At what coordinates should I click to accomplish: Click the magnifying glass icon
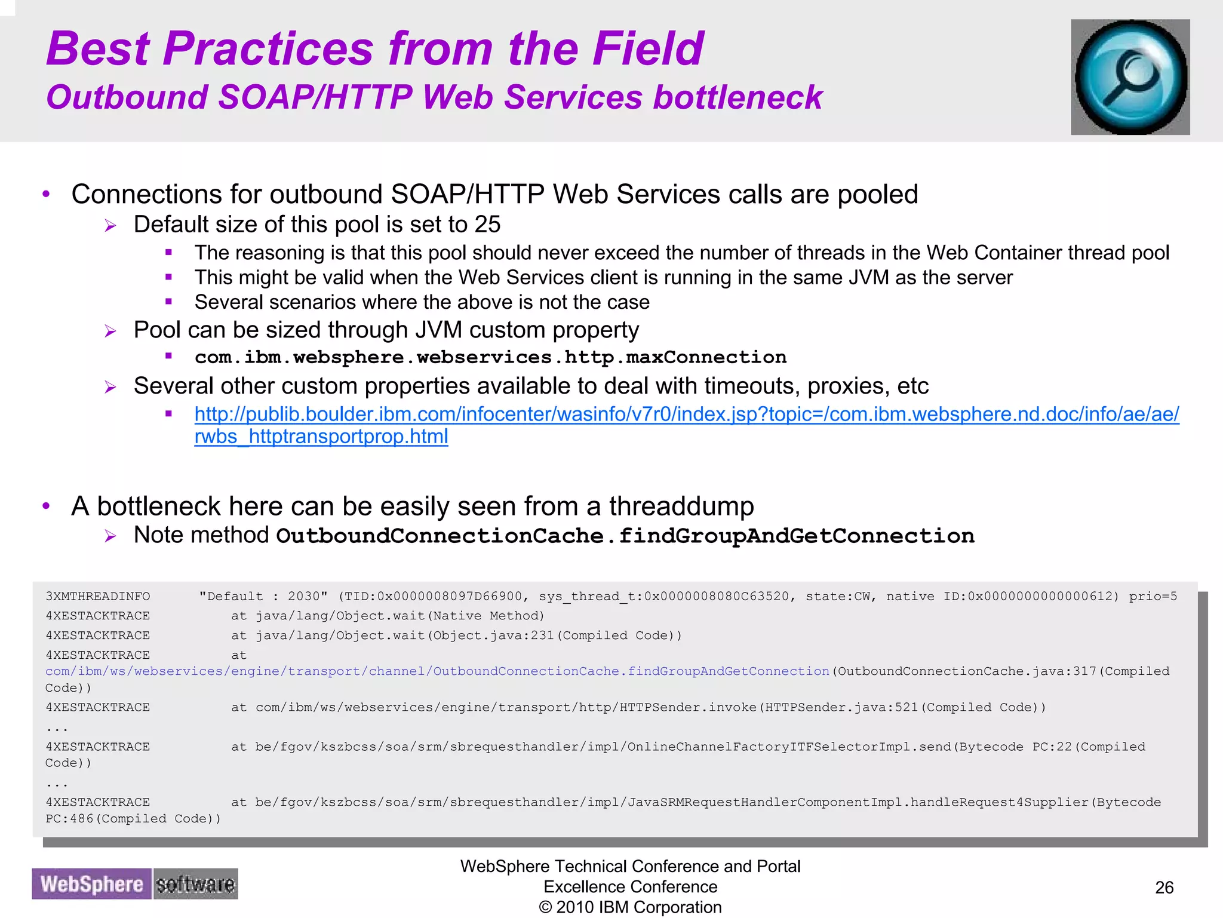(1130, 77)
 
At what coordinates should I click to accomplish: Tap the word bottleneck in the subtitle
(738, 97)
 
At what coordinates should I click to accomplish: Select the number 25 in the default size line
(487, 225)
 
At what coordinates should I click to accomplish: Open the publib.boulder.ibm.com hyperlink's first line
(686, 414)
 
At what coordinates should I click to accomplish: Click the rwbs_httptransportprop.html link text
(321, 437)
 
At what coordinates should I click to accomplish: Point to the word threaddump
(681, 506)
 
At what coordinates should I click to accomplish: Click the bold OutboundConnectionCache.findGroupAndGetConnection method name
(625, 536)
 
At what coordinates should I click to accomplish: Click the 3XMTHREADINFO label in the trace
(98, 596)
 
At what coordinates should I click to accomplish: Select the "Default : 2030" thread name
(263, 596)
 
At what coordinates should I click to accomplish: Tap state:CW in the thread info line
(838, 596)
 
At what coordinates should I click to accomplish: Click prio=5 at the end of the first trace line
(1153, 596)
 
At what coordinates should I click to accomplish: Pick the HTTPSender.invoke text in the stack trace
(688, 707)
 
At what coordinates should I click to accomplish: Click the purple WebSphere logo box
(91, 884)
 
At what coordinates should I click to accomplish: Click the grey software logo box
(195, 884)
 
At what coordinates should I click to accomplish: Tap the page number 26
(1164, 888)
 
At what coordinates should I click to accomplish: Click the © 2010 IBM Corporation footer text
(630, 907)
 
